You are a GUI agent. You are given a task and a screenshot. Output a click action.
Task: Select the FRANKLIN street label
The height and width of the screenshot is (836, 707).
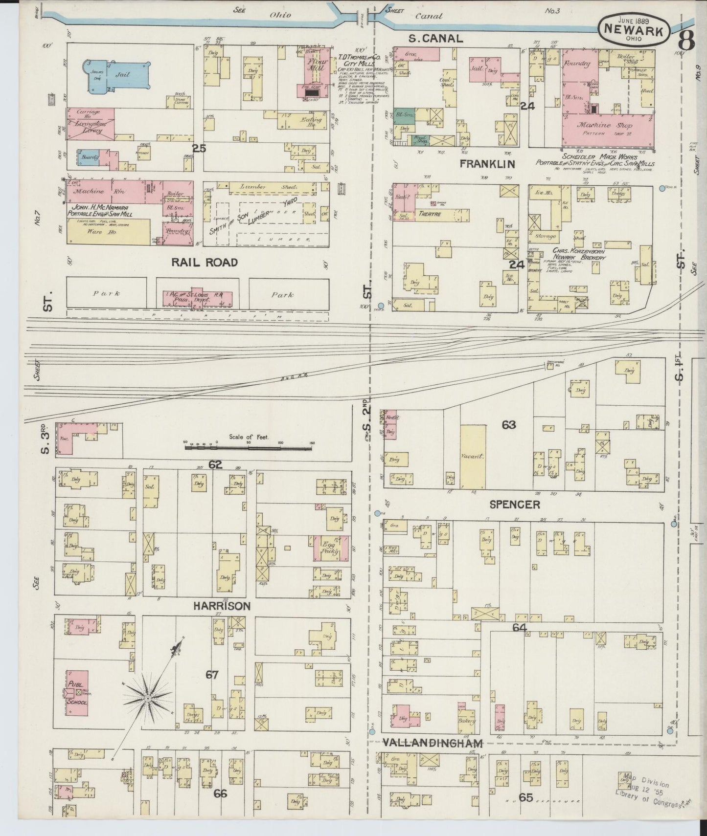click(x=481, y=164)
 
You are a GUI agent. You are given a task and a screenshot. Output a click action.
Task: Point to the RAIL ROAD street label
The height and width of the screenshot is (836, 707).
click(x=204, y=263)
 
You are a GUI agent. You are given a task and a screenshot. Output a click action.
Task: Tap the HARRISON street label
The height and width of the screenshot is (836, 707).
click(x=221, y=606)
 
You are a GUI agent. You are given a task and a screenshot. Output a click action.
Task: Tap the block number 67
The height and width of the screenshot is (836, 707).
click(x=211, y=675)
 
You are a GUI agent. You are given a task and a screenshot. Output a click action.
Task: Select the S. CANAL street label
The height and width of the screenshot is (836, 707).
click(x=435, y=38)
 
